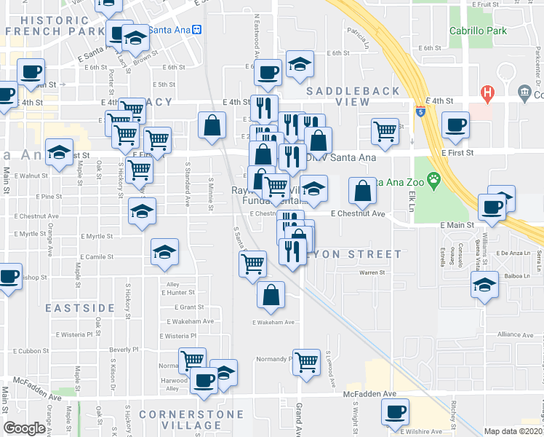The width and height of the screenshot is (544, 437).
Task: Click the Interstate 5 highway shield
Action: (421, 111)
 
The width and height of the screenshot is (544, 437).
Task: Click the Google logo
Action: (23, 428)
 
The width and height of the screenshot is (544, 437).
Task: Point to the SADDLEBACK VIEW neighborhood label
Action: (353, 96)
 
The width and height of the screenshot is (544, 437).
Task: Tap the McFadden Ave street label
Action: (369, 393)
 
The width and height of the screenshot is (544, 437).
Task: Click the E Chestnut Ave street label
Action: (357, 214)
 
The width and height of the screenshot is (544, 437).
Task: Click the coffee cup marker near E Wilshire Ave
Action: (395, 412)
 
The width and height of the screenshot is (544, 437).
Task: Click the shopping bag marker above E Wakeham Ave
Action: (271, 295)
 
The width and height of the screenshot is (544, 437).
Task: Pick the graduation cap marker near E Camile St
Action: (165, 251)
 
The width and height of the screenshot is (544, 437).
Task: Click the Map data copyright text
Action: (513, 431)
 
